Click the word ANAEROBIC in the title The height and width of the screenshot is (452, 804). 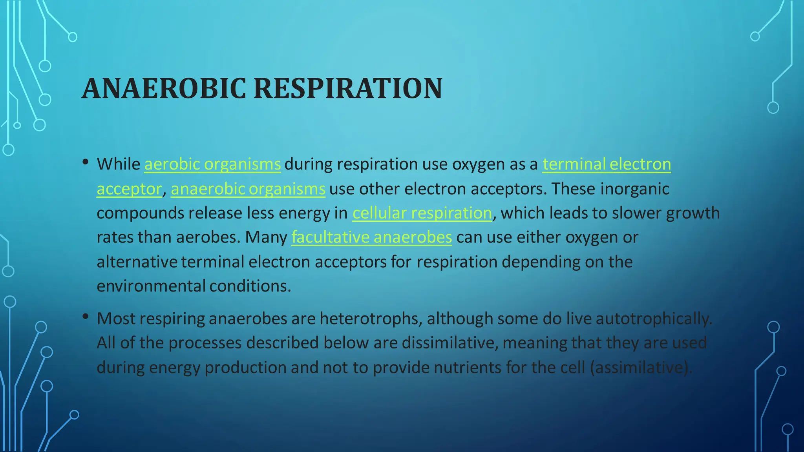(164, 88)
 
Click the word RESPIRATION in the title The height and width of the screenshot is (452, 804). (348, 88)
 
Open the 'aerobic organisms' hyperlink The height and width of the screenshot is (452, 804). (212, 164)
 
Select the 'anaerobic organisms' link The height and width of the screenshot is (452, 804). (248, 189)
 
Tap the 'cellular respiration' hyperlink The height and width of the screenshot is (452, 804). (422, 213)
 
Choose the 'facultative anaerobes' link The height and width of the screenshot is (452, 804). (371, 237)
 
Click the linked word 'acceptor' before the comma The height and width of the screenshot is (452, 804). (129, 189)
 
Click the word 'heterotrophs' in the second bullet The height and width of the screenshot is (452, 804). (371, 319)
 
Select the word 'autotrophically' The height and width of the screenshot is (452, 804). (654, 319)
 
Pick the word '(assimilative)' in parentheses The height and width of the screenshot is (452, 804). (641, 368)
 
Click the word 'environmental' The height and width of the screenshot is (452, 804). (151, 286)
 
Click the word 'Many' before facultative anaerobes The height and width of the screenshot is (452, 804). (266, 237)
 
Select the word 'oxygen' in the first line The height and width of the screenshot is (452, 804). (479, 164)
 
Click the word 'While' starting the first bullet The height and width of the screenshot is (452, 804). (119, 164)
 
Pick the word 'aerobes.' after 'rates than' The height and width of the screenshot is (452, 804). (208, 237)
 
